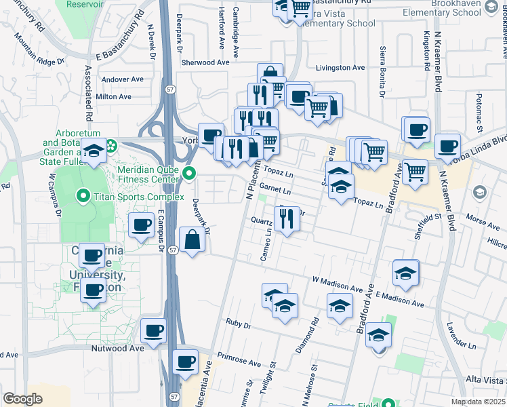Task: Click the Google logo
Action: [x=23, y=399]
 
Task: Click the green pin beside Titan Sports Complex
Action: [x=84, y=197]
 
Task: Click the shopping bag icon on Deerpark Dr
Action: [x=192, y=241]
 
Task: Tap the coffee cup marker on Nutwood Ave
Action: [x=153, y=332]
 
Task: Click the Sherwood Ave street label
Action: [x=205, y=62]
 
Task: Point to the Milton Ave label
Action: [x=114, y=97]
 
